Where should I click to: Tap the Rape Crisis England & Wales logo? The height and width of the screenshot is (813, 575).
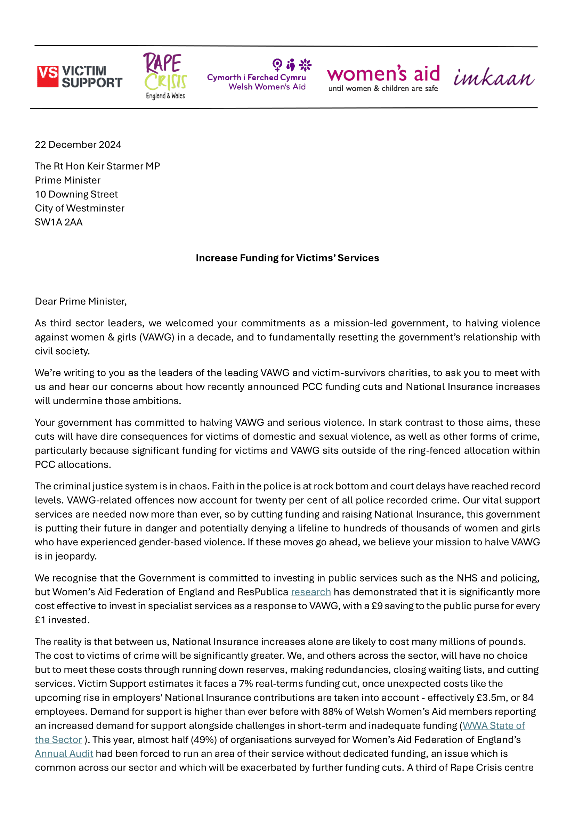point(165,76)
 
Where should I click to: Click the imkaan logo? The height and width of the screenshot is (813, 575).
point(494,77)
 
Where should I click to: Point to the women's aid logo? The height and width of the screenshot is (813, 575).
point(383,78)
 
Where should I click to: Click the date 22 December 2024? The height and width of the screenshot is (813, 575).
point(78,145)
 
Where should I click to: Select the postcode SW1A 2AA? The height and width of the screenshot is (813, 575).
point(58,222)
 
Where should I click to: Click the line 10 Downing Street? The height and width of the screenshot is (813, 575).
point(76,194)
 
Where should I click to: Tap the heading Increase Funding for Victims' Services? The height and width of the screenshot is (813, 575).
point(287,258)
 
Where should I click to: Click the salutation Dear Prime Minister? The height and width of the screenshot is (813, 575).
point(80,301)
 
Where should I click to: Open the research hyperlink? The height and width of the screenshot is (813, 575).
point(310,592)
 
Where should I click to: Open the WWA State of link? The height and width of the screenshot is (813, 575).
point(494,725)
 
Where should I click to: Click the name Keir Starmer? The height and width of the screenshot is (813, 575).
point(115,166)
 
